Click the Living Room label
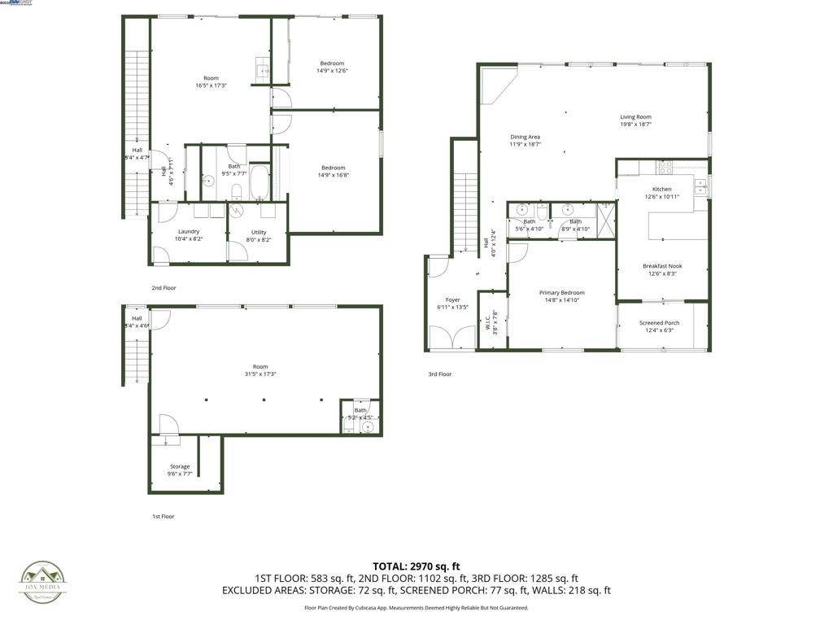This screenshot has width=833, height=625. pyautogui.click(x=635, y=117)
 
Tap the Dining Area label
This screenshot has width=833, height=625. pyautogui.click(x=525, y=137)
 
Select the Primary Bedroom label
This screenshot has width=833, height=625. pyautogui.click(x=561, y=293)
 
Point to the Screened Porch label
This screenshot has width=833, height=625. pyautogui.click(x=659, y=323)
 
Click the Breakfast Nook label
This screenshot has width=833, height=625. pyautogui.click(x=662, y=266)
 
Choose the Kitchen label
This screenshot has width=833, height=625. pyautogui.click(x=661, y=189)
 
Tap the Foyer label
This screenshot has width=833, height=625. pyautogui.click(x=452, y=300)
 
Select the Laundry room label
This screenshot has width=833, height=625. pyautogui.click(x=188, y=231)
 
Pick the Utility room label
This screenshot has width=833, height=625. pyautogui.click(x=259, y=232)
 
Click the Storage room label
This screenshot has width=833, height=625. pyautogui.click(x=180, y=466)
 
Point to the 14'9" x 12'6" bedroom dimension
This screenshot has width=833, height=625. pyautogui.click(x=332, y=71)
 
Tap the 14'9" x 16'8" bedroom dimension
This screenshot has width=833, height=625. pyautogui.click(x=332, y=175)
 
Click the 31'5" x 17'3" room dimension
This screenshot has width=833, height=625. pyautogui.click(x=260, y=374)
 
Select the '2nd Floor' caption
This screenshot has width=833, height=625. pyautogui.click(x=164, y=288)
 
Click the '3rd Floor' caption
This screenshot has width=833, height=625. pyautogui.click(x=439, y=374)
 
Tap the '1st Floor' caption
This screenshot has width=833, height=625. pyautogui.click(x=163, y=517)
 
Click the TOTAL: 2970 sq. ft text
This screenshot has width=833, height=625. pyautogui.click(x=416, y=566)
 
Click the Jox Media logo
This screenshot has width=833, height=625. pyautogui.click(x=43, y=583)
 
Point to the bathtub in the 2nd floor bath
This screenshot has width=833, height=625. pyautogui.click(x=259, y=182)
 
